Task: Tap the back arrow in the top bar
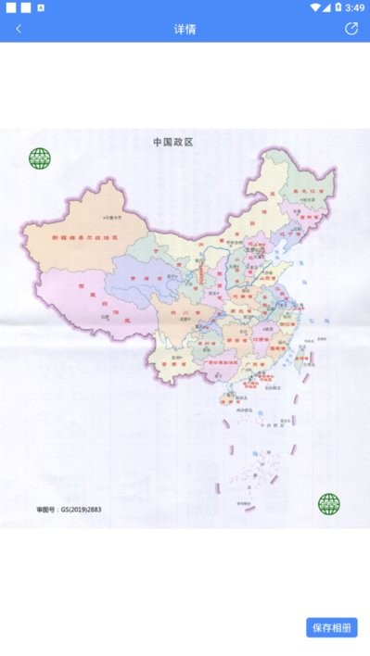(x=19, y=29)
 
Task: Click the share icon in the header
(x=351, y=29)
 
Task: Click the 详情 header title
(x=185, y=29)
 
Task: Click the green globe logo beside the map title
(x=40, y=158)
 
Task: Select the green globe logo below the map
(x=329, y=504)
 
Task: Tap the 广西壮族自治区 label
(x=211, y=362)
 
